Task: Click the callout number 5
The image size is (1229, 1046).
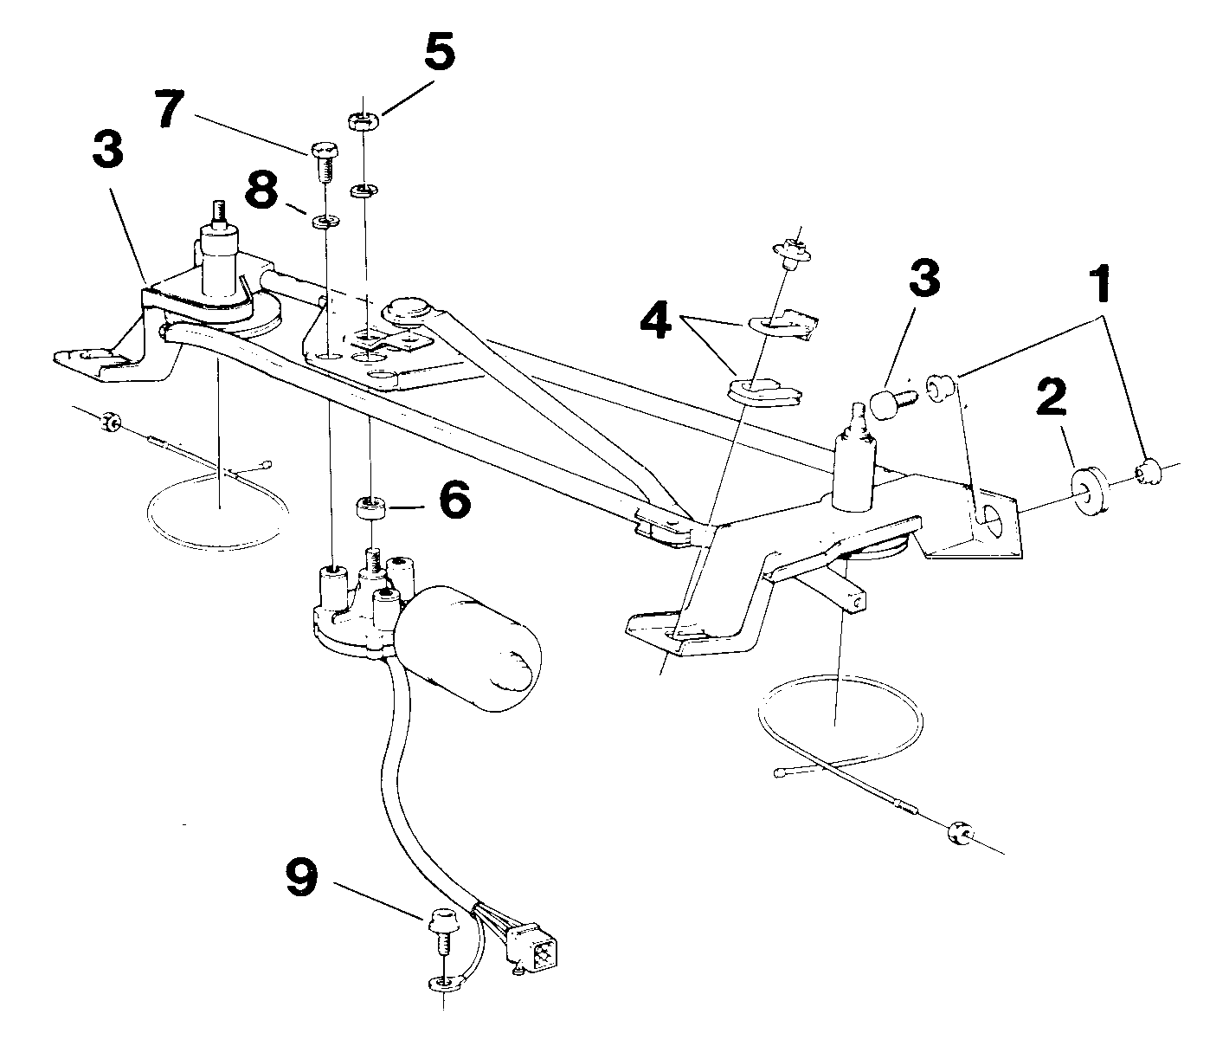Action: pos(440,52)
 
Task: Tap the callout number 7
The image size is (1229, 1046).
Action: pos(170,109)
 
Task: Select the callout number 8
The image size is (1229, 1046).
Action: pos(263,190)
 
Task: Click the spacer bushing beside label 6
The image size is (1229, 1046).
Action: pos(371,510)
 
